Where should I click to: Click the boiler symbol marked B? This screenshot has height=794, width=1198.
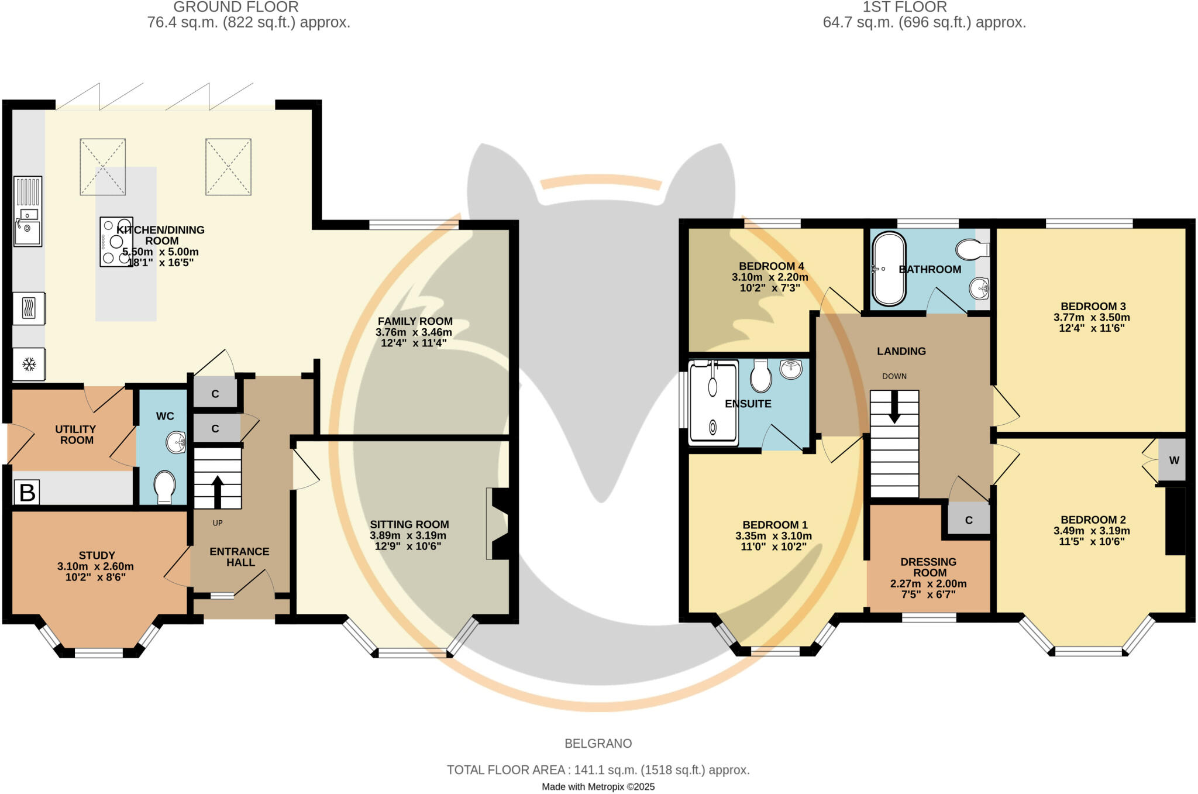click(x=27, y=492)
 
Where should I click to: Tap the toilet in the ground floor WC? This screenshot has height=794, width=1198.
click(x=164, y=487)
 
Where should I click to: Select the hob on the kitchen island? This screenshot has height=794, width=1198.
click(x=116, y=242)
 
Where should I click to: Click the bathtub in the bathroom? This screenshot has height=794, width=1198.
click(x=888, y=269)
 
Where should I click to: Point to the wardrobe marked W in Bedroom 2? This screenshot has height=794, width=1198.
click(x=1173, y=460)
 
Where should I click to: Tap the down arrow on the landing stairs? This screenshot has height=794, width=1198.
click(x=894, y=407)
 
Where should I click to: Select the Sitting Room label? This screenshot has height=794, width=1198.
click(x=409, y=524)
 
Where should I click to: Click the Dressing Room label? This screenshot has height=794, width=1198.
click(x=928, y=567)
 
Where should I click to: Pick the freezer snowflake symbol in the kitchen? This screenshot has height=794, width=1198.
click(x=28, y=365)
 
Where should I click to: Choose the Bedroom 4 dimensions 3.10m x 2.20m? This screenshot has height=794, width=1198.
click(x=770, y=277)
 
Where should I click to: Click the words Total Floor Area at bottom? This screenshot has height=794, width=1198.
click(x=507, y=770)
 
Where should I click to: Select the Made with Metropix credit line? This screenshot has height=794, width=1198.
click(x=598, y=787)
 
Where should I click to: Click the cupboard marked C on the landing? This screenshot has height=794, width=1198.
click(x=968, y=520)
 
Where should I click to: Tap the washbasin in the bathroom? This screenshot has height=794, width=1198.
click(x=979, y=288)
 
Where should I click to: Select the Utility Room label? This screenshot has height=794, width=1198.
click(x=75, y=435)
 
